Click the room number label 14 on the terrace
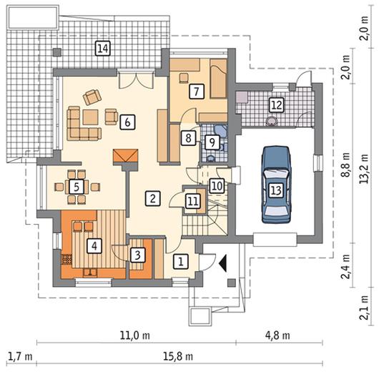click(103, 49)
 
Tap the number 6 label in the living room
click(127, 122)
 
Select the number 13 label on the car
click(276, 190)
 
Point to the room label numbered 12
click(277, 105)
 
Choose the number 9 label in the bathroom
click(212, 142)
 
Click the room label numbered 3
click(138, 255)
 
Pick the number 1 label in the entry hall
click(181, 261)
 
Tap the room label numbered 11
click(193, 201)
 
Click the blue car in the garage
click(276, 185)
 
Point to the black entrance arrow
click(223, 263)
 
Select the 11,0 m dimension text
click(135, 336)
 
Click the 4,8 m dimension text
click(277, 336)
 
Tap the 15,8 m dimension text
click(178, 356)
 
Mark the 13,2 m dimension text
click(364, 169)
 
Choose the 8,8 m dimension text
click(345, 165)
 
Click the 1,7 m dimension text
click(20, 356)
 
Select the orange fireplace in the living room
click(125, 157)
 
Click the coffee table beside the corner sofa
click(90, 117)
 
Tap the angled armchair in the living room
click(92, 97)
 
